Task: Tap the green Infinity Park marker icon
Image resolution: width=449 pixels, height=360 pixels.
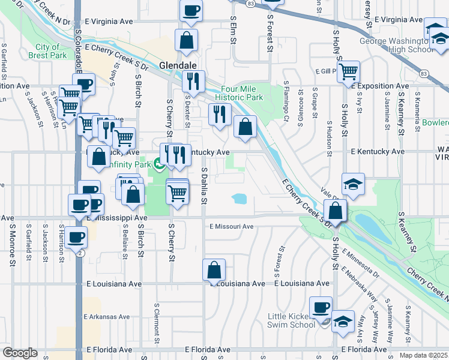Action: point(158,163)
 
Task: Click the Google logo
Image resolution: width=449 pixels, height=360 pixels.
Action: point(20,353)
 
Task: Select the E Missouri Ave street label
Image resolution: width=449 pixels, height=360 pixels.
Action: point(231,227)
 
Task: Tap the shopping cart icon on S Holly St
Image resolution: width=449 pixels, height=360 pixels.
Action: point(348,73)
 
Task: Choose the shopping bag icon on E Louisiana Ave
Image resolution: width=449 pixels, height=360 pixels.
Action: point(214,271)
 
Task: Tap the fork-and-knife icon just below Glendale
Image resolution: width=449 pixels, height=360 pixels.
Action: point(194,82)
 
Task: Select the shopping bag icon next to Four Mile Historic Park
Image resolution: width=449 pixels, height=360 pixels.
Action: point(245,127)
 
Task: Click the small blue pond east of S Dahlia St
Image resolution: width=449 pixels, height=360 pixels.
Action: point(239,198)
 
